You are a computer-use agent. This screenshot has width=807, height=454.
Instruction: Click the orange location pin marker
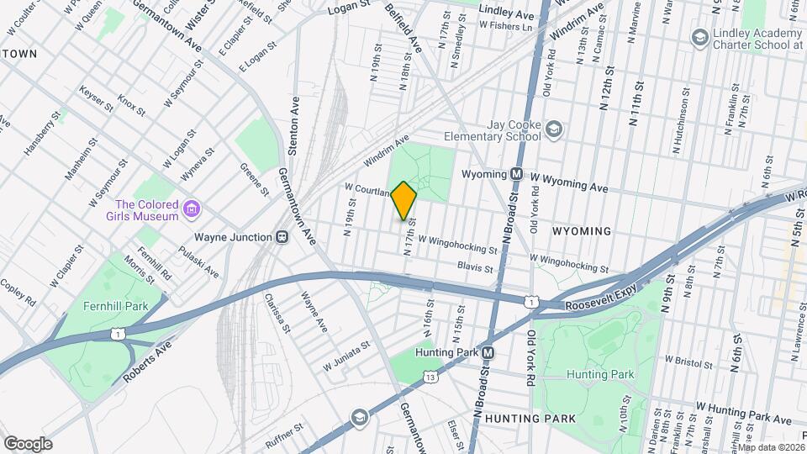pos(403,200)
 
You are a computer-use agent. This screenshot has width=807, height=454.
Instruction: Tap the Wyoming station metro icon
pos(518,175)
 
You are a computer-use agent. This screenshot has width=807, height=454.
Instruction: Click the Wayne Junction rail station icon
pos(285,237)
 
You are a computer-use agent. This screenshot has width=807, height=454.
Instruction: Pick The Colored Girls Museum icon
pos(193,208)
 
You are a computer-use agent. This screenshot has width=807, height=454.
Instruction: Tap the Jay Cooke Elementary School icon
pos(553,129)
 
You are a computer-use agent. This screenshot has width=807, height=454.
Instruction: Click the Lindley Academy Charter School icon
pos(699,37)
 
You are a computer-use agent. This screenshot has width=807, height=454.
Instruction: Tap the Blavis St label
pos(476,267)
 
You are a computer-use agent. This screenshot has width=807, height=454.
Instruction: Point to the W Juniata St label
pos(346,356)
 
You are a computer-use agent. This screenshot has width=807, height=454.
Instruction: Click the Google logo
pos(28,443)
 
